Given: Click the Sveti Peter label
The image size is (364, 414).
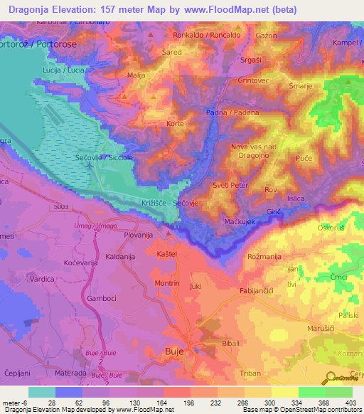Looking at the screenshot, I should (x=228, y=185).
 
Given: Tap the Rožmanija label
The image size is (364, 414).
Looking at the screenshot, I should (x=264, y=256).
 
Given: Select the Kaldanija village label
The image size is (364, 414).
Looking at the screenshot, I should (x=102, y=256).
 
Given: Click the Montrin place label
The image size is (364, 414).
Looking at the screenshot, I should (x=167, y=282).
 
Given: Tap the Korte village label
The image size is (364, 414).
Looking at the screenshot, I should (x=175, y=124).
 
